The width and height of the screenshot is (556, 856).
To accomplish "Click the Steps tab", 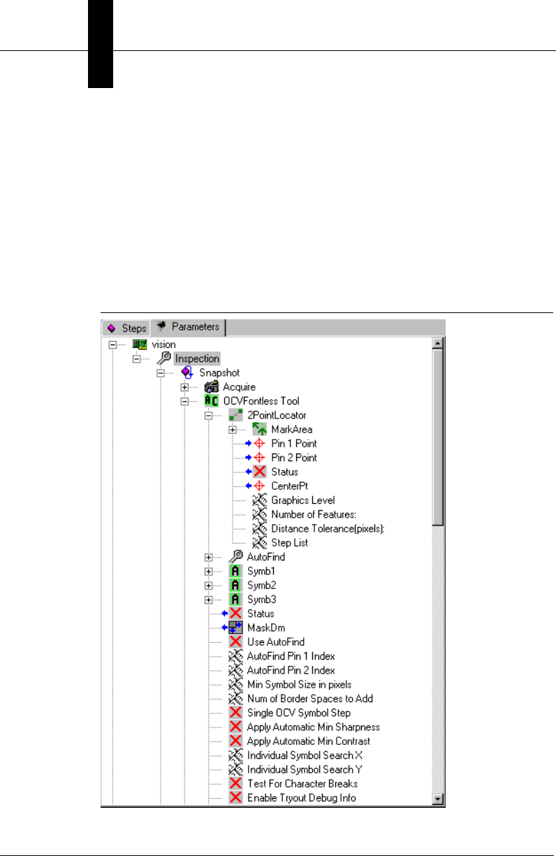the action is click(126, 328).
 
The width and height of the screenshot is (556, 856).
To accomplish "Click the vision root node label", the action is click(164, 344).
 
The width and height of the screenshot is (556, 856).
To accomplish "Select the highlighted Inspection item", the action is click(197, 358).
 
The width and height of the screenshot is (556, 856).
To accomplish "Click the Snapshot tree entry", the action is click(219, 373).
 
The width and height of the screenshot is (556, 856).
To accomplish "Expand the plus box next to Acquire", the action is click(185, 387).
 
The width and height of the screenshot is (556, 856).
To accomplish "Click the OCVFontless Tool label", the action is click(263, 401).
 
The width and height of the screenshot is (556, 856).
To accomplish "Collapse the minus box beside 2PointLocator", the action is click(208, 415).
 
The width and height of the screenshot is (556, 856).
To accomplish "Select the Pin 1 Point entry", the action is click(293, 444).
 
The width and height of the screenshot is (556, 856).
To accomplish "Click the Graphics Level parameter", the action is click(302, 500).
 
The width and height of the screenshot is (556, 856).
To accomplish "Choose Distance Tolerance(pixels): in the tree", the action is click(328, 528).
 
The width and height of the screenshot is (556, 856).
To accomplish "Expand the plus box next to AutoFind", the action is click(208, 557).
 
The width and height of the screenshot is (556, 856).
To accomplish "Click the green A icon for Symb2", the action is click(236, 585).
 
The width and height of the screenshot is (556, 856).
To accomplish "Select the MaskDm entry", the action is click(266, 628).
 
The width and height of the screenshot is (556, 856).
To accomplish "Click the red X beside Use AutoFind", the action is click(236, 641).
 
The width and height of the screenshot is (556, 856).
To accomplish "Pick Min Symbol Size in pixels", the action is click(299, 684).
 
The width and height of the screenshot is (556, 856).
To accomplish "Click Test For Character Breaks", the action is click(302, 783).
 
